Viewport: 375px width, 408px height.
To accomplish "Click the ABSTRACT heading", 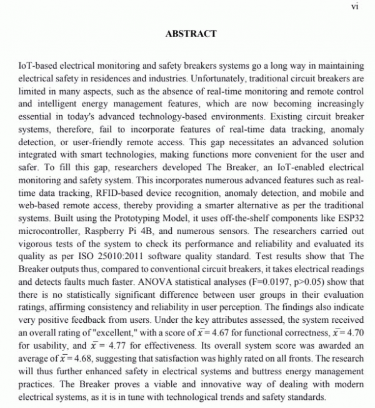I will [191, 34].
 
